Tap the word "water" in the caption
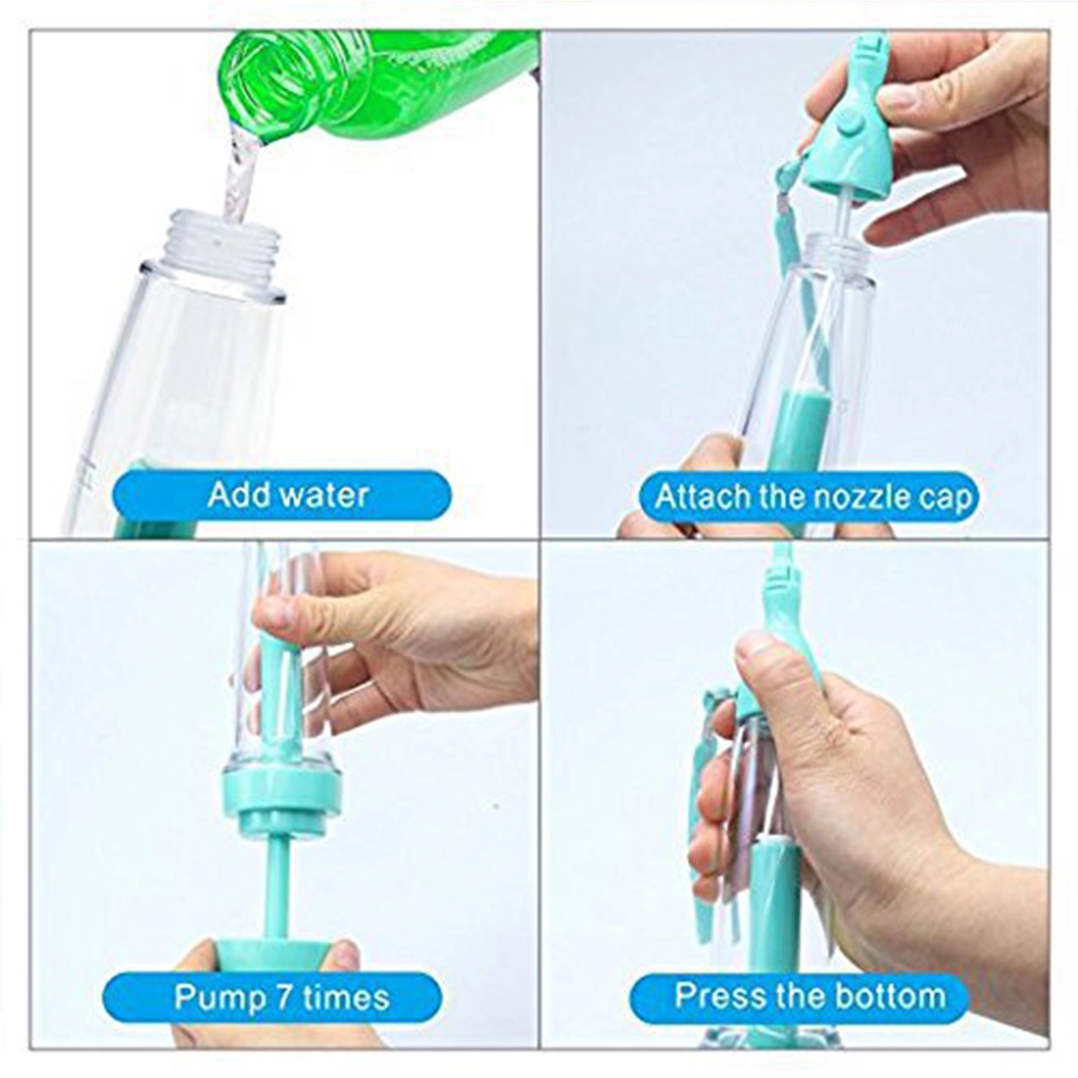[x=323, y=494]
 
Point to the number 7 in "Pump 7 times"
[x=283, y=998]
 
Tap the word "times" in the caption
[x=346, y=998]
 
